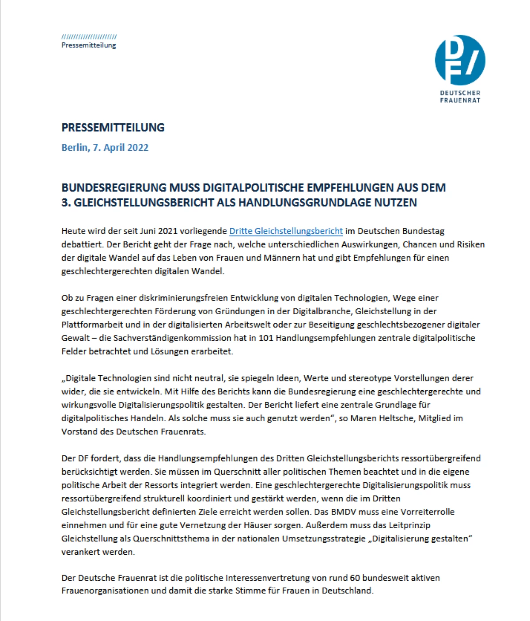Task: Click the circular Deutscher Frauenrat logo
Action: (460, 60)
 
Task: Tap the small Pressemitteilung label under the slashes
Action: (89, 45)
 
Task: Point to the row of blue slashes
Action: (89, 37)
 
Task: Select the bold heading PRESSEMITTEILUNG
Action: (113, 128)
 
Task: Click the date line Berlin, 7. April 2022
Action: (105, 148)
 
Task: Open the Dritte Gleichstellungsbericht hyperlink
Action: (286, 231)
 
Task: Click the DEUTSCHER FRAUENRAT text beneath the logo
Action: (460, 96)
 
